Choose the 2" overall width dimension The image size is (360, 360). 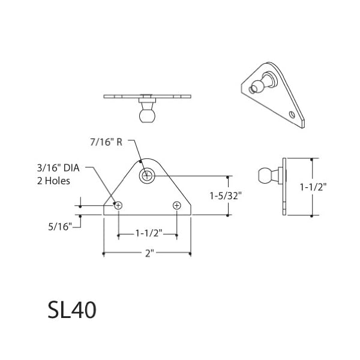[x=148, y=254]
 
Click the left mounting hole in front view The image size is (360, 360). [x=118, y=206]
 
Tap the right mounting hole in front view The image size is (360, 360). [x=176, y=206]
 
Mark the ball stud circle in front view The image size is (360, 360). [x=147, y=176]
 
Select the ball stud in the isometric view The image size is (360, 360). [x=257, y=88]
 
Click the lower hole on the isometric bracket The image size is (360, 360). [x=292, y=114]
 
